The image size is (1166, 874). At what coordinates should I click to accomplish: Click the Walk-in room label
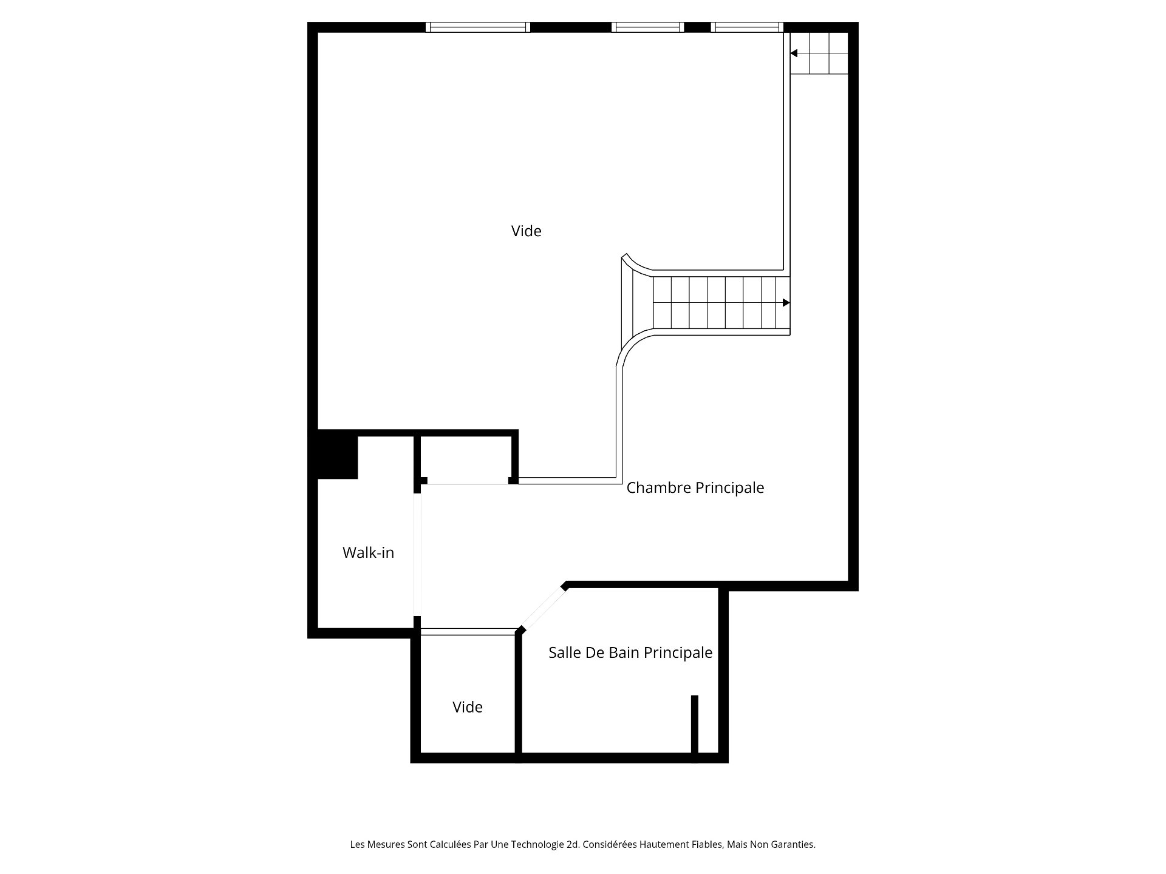coord(368,552)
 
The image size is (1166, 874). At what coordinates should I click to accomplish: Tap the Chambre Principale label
coord(695,487)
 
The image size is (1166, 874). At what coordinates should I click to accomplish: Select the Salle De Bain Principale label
coord(630,652)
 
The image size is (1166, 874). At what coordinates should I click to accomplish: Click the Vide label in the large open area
coord(526,231)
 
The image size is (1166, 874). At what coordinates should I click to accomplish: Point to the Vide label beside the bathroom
coord(467,707)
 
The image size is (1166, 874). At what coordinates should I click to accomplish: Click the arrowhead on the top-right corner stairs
coord(794,53)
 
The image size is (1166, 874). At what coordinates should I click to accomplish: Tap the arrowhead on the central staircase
coord(786,303)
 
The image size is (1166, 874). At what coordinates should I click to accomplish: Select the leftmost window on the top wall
coord(478,27)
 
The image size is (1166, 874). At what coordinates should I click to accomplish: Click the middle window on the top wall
coord(648,27)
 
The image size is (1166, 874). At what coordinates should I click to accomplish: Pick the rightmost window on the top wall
coord(747,27)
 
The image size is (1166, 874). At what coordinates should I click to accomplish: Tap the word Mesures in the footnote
coord(385,844)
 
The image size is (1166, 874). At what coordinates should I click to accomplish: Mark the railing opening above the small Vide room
coord(468,632)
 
